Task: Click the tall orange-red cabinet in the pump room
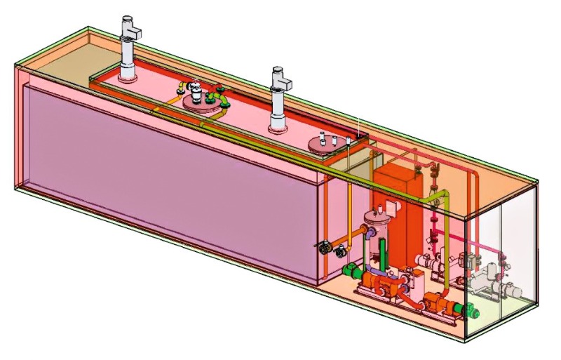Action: click(398, 211)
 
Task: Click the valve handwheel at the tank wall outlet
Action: click(324, 246)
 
